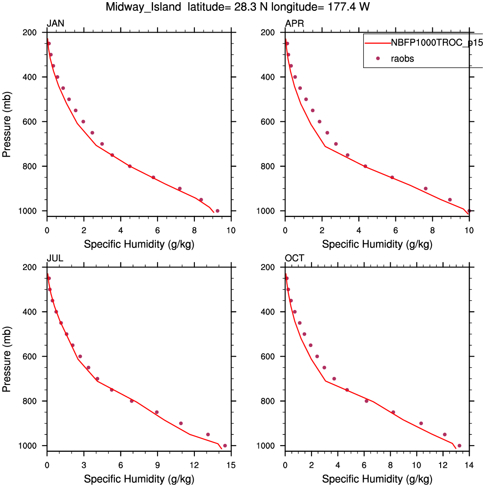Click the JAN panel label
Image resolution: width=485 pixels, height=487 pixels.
[x=56, y=23]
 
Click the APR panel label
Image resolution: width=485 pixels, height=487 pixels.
[x=294, y=23]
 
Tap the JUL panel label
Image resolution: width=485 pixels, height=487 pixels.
[x=55, y=258]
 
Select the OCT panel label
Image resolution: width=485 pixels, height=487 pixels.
[x=294, y=258]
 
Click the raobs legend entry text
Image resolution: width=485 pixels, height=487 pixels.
[x=403, y=59]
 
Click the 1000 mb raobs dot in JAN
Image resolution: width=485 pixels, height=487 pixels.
[x=217, y=211]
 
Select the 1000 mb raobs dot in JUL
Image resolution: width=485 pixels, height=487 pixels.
[x=225, y=446]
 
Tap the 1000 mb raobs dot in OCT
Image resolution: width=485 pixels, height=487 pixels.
[x=459, y=446]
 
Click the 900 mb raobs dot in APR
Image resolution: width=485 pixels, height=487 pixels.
[x=425, y=189]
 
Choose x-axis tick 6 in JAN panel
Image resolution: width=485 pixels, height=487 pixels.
[x=157, y=230]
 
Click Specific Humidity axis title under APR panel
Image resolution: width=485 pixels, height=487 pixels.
[x=377, y=244]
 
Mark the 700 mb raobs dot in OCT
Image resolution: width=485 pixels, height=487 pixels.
[x=334, y=379]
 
